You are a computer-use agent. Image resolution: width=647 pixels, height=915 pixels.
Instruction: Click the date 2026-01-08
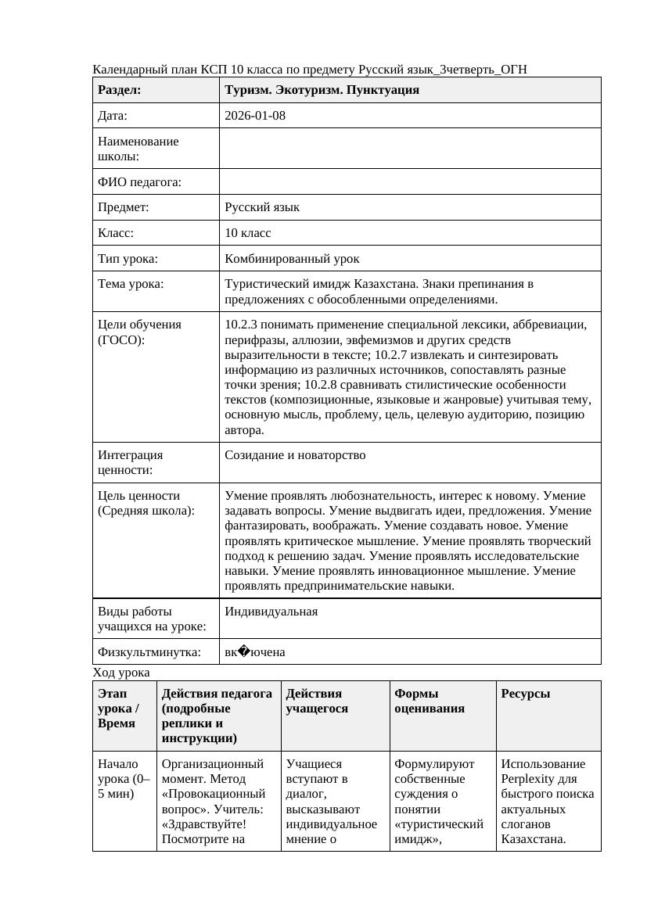[x=255, y=116]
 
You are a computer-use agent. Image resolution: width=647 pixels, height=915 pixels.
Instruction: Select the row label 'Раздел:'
[x=119, y=90]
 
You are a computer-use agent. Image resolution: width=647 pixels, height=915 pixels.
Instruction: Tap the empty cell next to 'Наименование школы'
[x=410, y=149]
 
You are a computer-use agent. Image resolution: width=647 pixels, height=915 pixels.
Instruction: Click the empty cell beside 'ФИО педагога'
[x=410, y=182]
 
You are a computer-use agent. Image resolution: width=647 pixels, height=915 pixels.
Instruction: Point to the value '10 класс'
[x=247, y=233]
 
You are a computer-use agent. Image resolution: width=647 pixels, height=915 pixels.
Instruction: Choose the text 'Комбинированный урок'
[x=292, y=258]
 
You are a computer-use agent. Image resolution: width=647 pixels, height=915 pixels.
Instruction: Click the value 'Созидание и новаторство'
[x=295, y=455]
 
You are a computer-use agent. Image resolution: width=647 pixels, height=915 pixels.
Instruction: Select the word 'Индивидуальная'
[x=271, y=612]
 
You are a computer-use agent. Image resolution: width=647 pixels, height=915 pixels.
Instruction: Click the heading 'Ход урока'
[x=121, y=673]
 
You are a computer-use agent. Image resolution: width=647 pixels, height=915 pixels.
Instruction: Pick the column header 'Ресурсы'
[x=525, y=694]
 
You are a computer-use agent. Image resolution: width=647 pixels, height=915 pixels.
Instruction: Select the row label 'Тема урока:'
[x=131, y=284]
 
